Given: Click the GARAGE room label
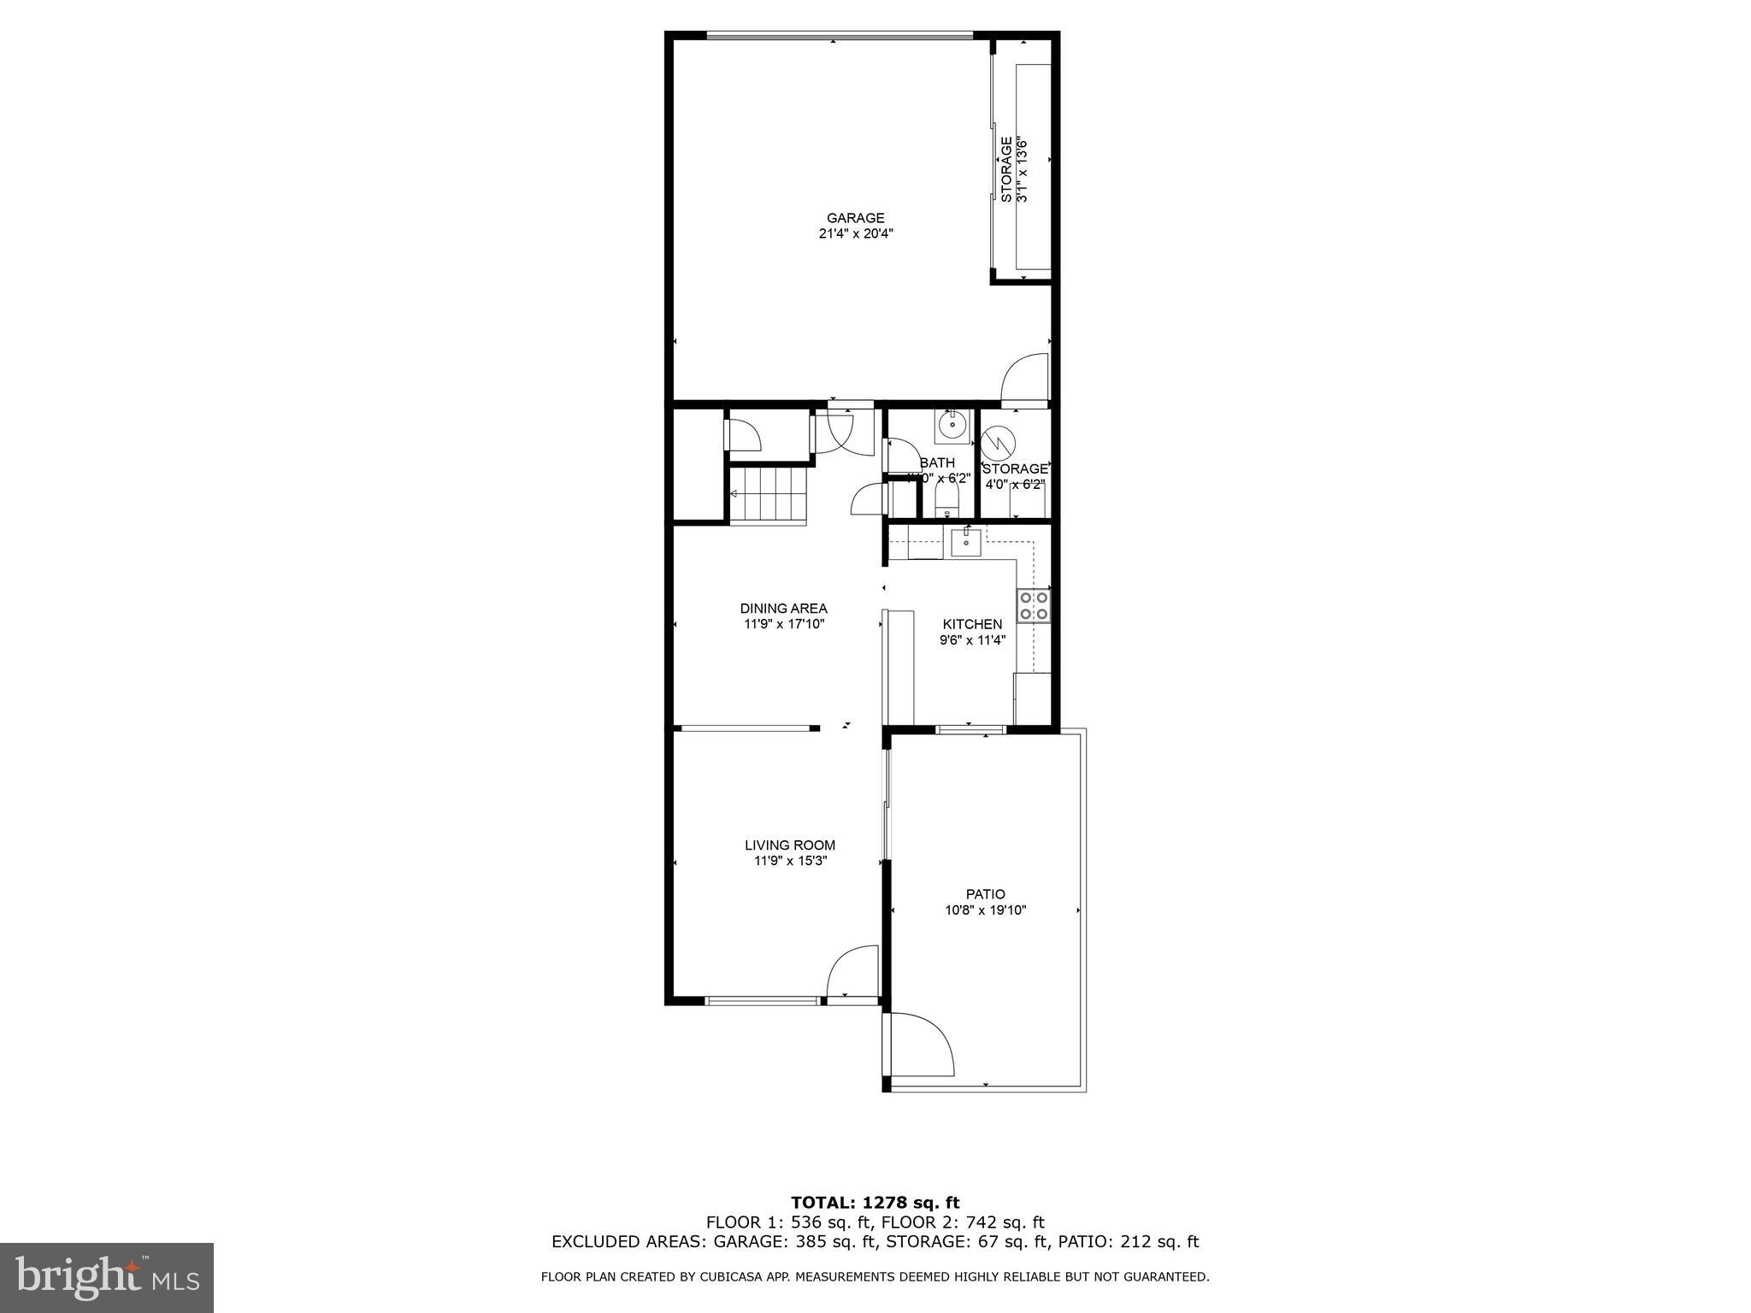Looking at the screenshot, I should (x=855, y=218).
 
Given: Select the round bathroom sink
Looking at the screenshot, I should (x=952, y=424).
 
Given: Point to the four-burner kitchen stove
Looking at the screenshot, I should (x=1033, y=605).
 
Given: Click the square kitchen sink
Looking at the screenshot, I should (x=966, y=542).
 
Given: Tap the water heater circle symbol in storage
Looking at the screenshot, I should (x=997, y=443).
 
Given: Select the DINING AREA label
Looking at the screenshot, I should (x=783, y=609).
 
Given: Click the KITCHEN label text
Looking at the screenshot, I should (x=972, y=624).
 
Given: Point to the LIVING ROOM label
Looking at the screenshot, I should (x=789, y=845).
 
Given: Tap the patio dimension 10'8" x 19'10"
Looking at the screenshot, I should (x=985, y=910).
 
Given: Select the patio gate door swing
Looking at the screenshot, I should (x=922, y=1045).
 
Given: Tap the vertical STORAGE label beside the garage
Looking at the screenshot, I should (x=1007, y=169).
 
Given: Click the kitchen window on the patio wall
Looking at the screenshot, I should (x=970, y=729).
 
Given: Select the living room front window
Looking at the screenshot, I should (x=762, y=1000).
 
